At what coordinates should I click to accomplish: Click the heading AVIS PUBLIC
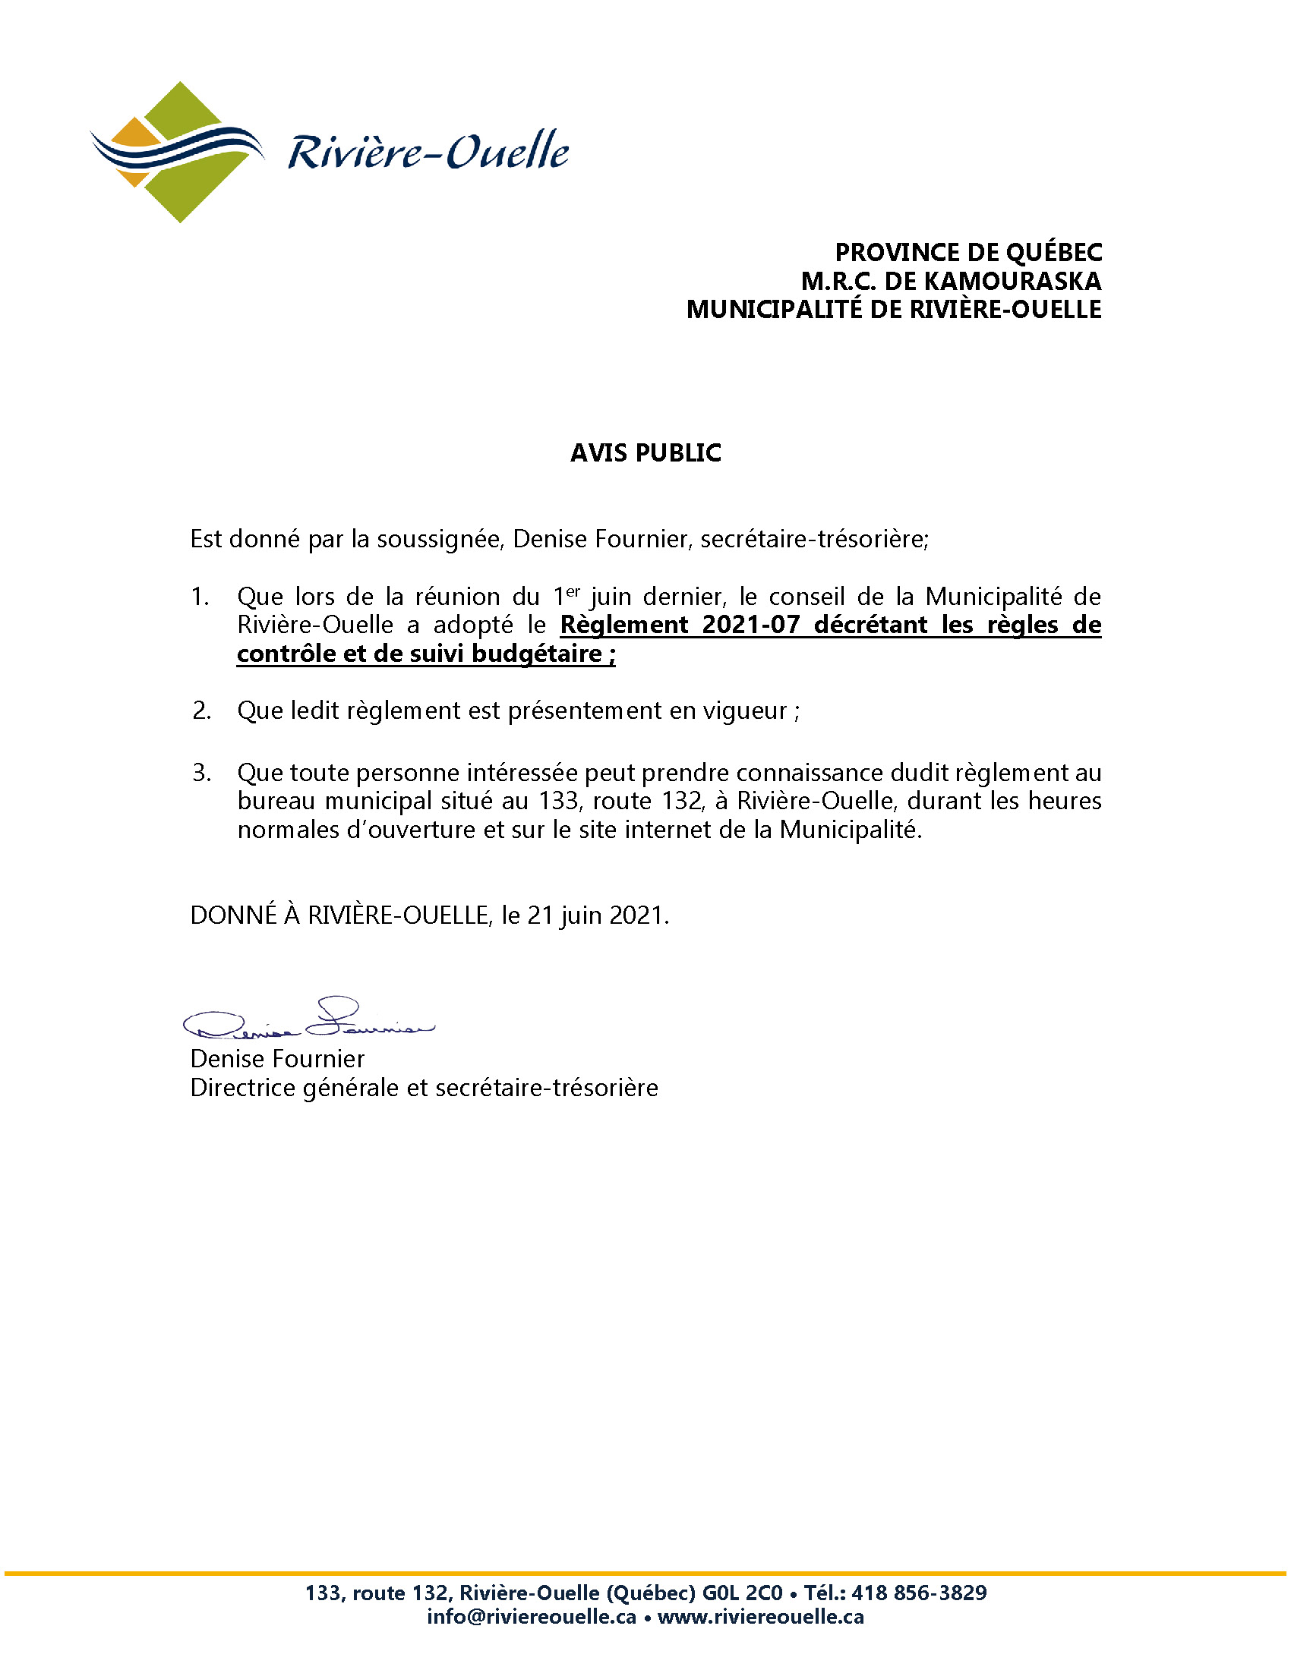point(645,453)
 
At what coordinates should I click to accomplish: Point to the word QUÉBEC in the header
point(1054,253)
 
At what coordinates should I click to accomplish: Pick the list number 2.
point(201,711)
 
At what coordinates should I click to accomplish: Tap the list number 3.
point(201,773)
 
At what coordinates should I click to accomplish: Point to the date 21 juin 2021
point(598,915)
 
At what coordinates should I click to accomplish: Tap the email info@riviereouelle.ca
point(532,1617)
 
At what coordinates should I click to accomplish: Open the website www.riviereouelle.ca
point(760,1617)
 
